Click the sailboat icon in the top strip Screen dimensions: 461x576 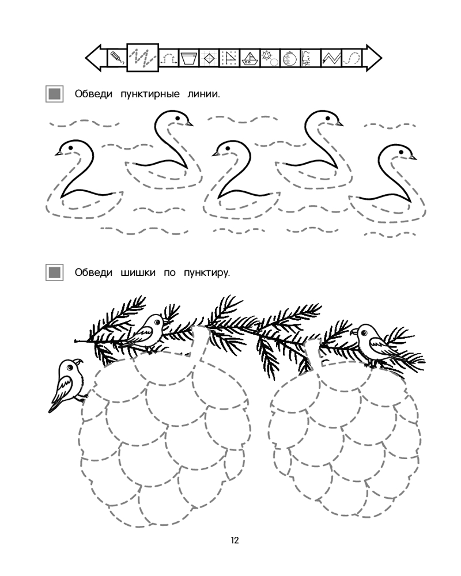(x=250, y=58)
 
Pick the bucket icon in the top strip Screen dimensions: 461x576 (x=189, y=58)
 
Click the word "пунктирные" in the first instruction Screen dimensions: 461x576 (x=150, y=94)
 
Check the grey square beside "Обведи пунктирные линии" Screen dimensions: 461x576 (x=54, y=94)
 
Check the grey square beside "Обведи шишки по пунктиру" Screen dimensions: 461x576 (x=54, y=273)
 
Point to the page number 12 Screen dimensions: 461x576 (x=235, y=540)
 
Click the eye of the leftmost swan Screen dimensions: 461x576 (x=70, y=147)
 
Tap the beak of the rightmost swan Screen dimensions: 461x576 (x=413, y=157)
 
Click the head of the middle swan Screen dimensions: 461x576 (x=229, y=149)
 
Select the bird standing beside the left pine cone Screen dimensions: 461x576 (x=67, y=384)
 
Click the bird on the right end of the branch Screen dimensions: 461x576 (x=375, y=345)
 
